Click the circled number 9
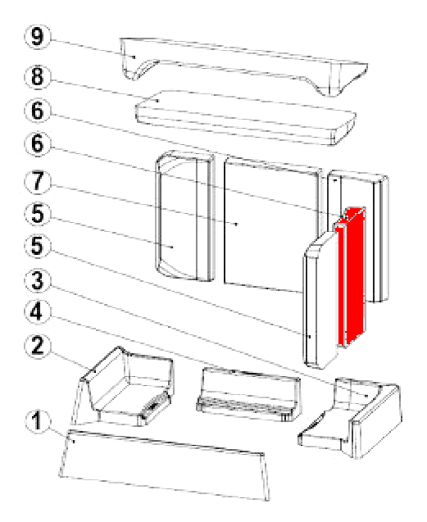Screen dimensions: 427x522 click(x=38, y=36)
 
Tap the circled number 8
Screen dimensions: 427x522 click(x=38, y=76)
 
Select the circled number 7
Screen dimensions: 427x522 click(x=38, y=182)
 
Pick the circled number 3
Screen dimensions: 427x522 click(x=38, y=280)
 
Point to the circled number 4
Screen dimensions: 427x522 click(x=38, y=312)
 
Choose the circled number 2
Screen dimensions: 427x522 click(x=38, y=346)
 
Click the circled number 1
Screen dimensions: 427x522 click(x=38, y=420)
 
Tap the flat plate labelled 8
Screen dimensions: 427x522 click(x=246, y=117)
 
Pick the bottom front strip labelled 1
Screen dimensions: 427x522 click(x=165, y=465)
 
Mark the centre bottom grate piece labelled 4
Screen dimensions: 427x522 click(x=248, y=395)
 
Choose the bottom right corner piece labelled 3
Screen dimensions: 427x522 click(x=351, y=418)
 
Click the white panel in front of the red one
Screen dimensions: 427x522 click(x=320, y=300)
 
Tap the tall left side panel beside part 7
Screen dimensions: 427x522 click(x=185, y=216)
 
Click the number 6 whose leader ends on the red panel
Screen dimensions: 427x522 click(x=38, y=144)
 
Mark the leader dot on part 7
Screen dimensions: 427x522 click(x=236, y=224)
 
